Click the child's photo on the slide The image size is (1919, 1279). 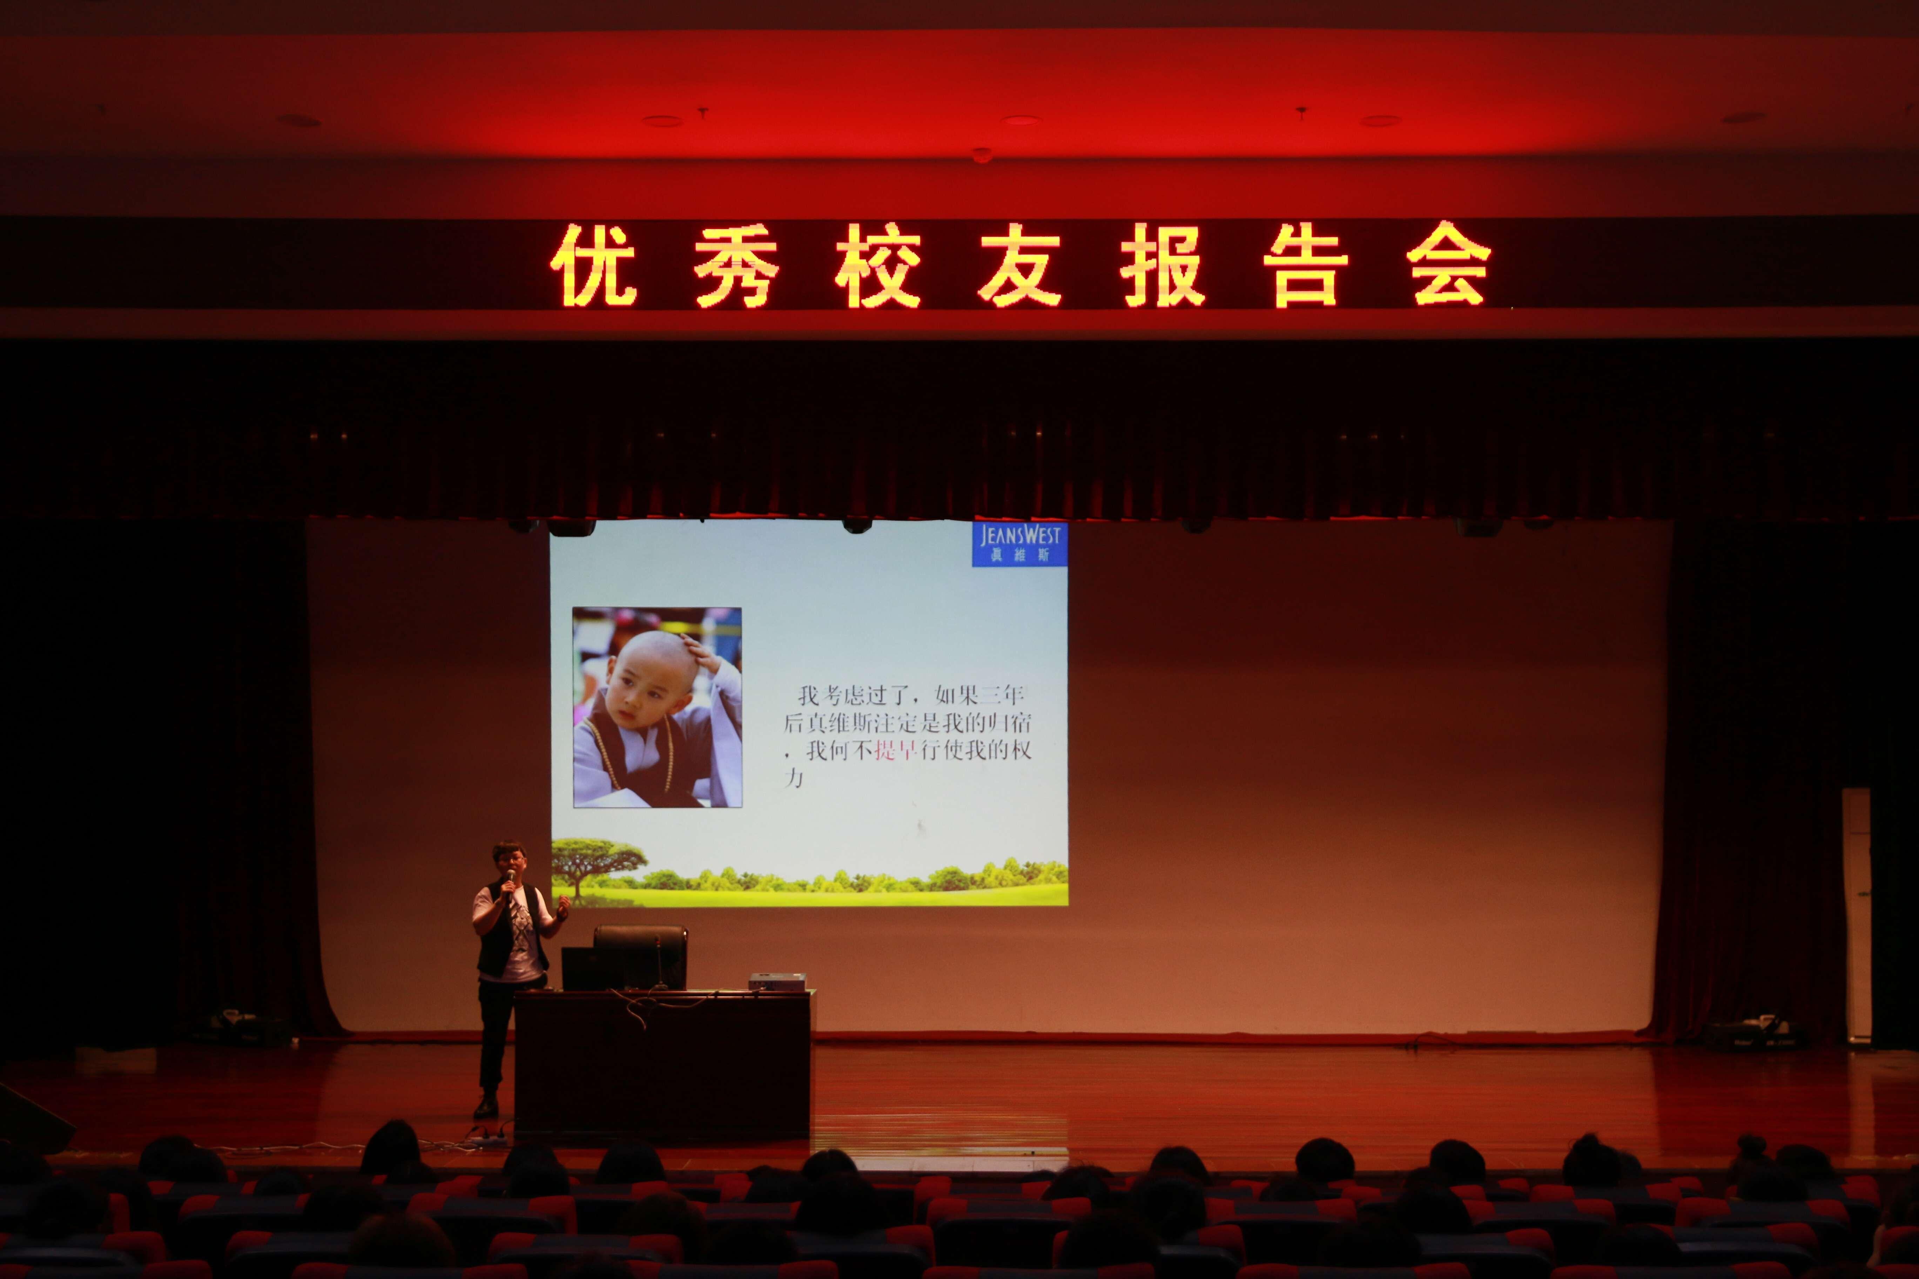(657, 707)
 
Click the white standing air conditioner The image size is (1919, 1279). (1857, 914)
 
